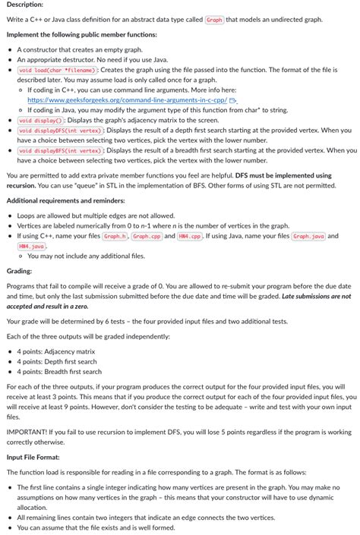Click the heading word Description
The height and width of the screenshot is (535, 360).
24,5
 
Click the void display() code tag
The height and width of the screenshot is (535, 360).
40,120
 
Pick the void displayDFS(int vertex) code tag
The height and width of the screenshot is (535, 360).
60,130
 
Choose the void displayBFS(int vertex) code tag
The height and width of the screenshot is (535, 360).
60,150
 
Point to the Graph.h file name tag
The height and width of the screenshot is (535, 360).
114,236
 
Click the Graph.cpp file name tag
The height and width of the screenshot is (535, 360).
146,236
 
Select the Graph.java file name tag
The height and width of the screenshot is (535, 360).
309,236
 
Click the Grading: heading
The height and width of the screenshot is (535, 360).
19,270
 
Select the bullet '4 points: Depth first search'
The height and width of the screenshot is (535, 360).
58,361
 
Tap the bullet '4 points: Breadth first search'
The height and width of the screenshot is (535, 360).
60,371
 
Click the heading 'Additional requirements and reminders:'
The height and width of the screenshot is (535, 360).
65,200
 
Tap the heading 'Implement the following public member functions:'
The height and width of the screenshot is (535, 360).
81,35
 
